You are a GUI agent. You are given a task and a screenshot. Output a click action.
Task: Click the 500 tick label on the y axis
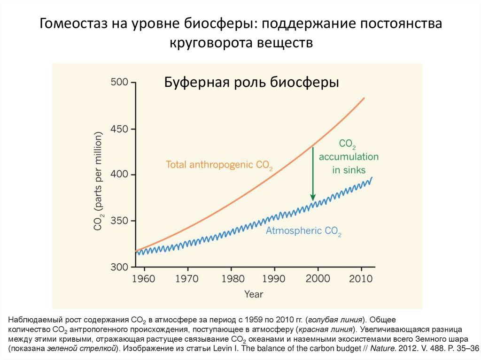[119, 83]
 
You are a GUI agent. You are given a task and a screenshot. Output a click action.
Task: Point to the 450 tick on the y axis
[119, 129]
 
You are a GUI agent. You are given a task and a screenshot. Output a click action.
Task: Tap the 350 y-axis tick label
[119, 221]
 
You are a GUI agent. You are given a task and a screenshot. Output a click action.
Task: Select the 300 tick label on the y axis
[119, 267]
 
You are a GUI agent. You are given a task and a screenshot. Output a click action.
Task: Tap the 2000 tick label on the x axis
[318, 279]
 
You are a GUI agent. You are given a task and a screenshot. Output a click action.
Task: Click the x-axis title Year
[254, 294]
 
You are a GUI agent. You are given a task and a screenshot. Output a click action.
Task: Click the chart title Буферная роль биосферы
[251, 82]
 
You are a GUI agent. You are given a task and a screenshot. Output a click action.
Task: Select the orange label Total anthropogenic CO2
[219, 165]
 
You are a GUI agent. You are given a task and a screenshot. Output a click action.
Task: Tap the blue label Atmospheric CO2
[303, 231]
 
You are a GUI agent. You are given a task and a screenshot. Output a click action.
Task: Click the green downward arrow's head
[312, 198]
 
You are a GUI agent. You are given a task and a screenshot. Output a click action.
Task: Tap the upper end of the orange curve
[364, 98]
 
